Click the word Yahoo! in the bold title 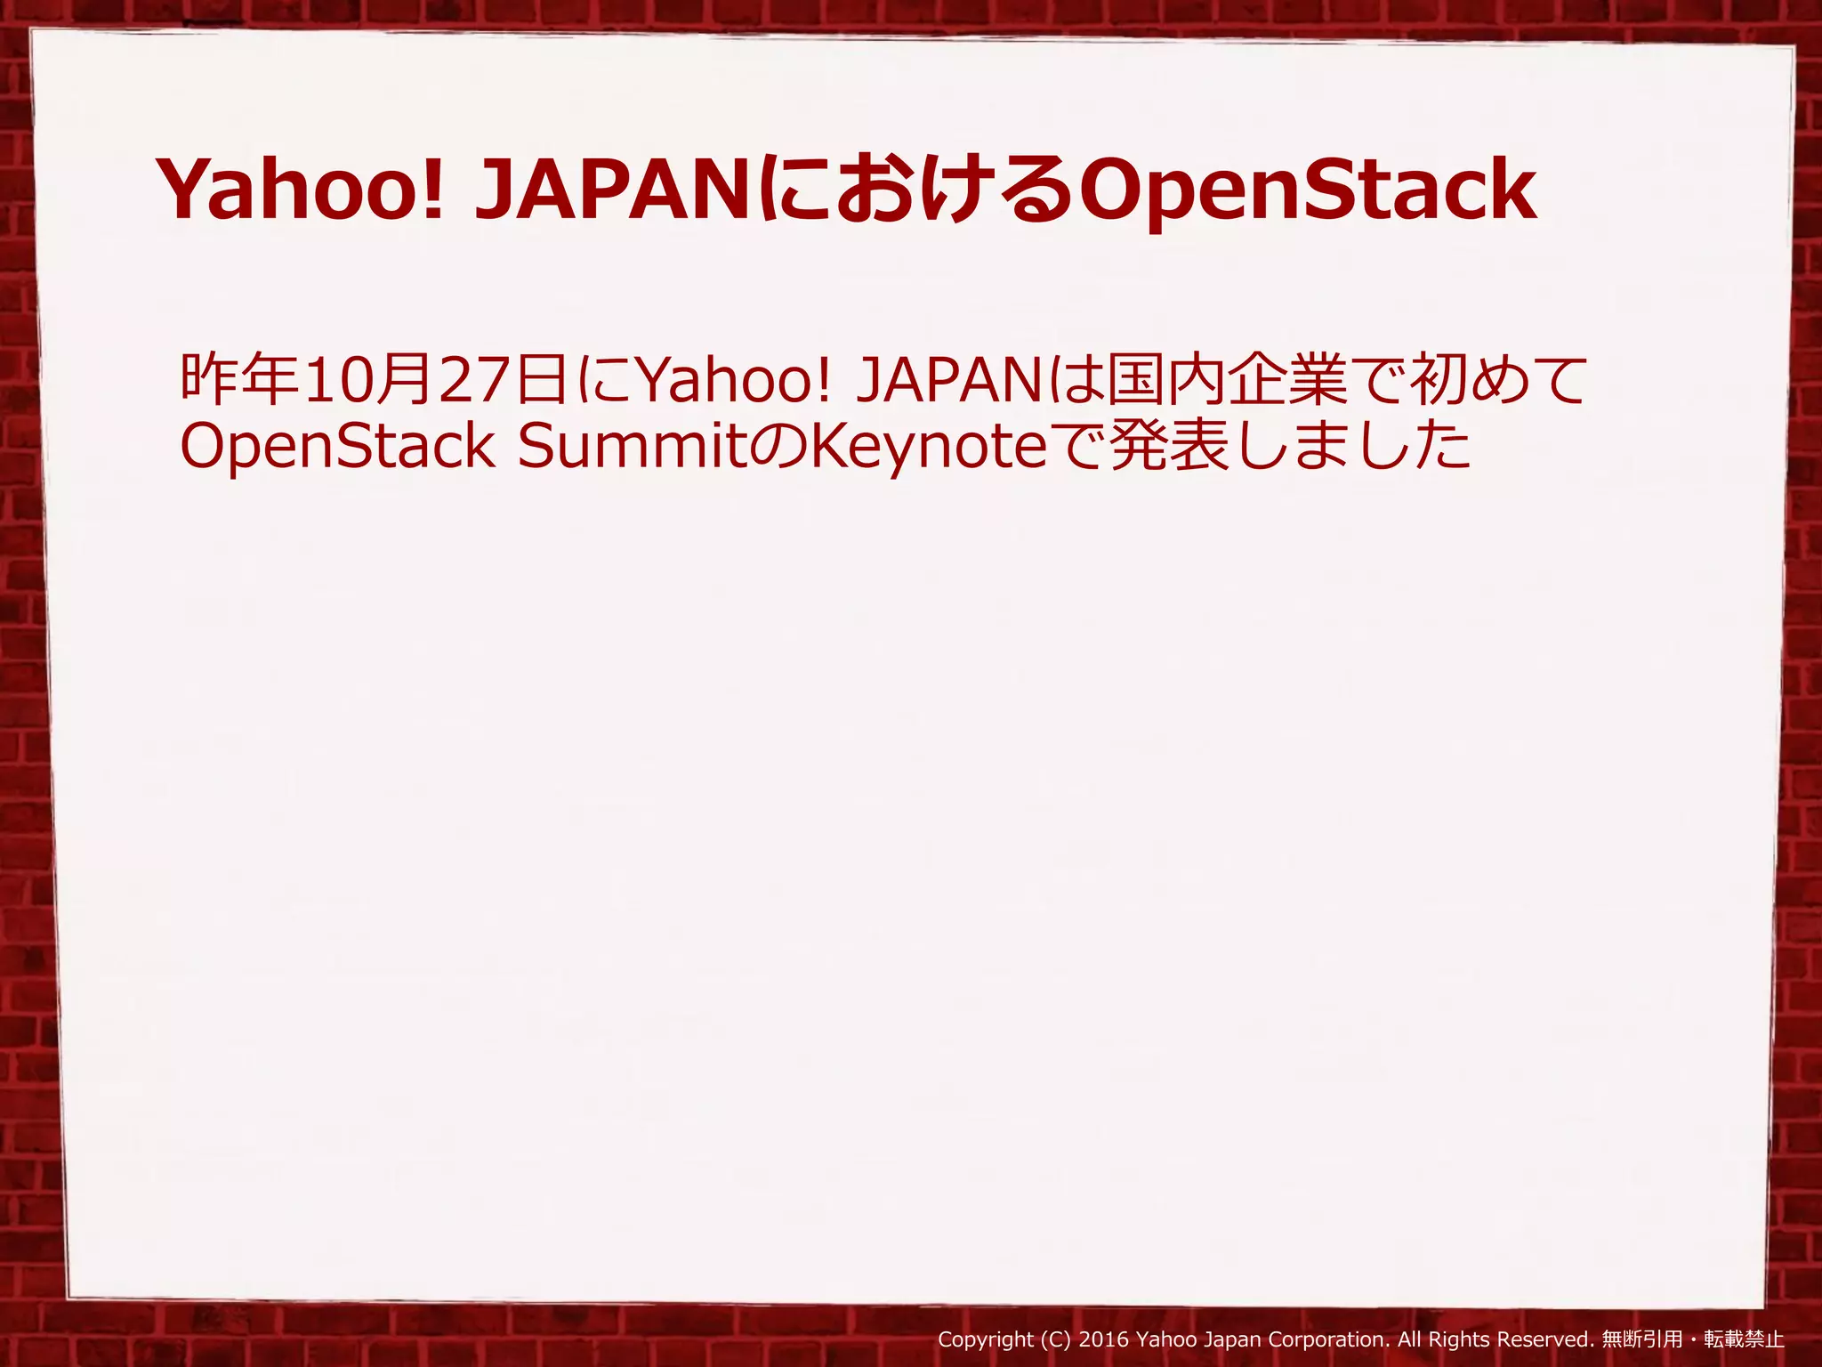click(301, 190)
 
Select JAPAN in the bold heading click(613, 190)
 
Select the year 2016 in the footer click(1103, 1339)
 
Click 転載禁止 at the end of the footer click(1744, 1339)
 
